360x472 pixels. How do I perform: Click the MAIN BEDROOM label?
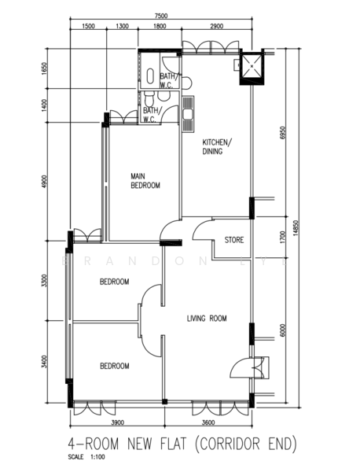coord(145,181)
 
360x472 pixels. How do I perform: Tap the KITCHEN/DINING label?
coord(216,146)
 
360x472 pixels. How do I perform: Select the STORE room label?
coord(233,240)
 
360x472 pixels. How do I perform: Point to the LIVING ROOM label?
coord(207,319)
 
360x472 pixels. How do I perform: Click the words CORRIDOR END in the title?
coord(247,444)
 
